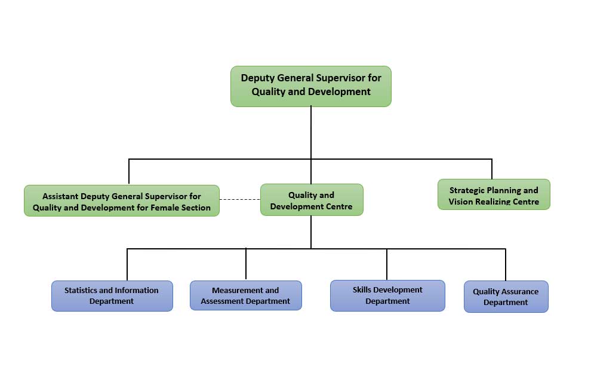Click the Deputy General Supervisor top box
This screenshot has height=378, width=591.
[310, 86]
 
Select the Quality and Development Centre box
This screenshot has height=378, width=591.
[311, 200]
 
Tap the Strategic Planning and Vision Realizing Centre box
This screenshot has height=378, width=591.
[494, 195]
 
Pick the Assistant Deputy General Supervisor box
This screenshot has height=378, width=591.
[122, 201]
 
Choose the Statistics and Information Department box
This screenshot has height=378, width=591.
[112, 296]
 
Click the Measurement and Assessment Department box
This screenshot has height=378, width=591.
[245, 296]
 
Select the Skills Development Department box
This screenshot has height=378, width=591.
[387, 295]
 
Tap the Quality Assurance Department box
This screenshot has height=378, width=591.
[506, 297]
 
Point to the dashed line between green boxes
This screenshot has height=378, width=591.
[239, 199]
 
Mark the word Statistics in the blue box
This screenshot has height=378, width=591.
[80, 291]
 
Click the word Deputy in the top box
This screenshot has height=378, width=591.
[258, 78]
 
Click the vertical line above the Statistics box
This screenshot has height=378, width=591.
[127, 264]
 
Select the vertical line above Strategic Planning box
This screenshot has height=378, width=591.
[491, 169]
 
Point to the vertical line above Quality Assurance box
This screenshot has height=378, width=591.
[506, 264]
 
